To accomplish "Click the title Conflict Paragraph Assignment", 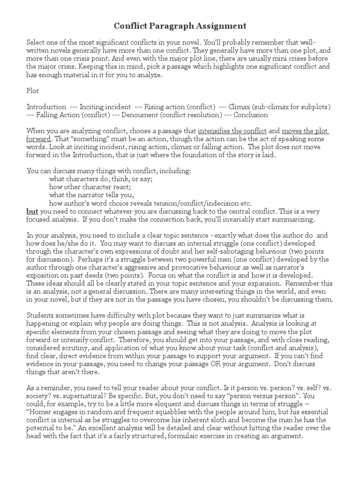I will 180,25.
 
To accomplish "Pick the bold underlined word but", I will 32,211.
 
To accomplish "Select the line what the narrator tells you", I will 91,195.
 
